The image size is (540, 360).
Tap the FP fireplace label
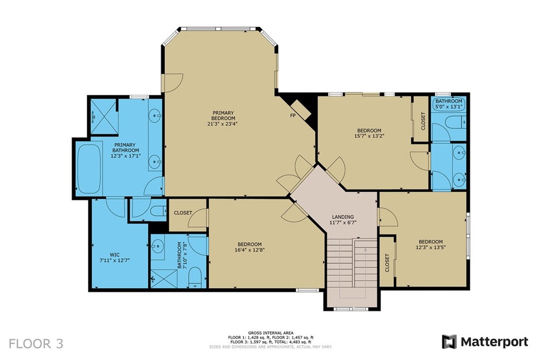pos(293,115)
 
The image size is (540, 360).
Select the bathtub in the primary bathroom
pos(89,168)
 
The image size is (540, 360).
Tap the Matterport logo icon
pos(449,342)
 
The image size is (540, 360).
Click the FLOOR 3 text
pos(36,344)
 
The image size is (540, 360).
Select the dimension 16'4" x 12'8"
pos(249,250)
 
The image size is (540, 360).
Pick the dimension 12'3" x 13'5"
pos(431,247)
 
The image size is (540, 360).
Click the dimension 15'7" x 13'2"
pos(369,136)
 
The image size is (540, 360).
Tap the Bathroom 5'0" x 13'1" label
pos(449,104)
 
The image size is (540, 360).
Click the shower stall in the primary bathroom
pos(104,116)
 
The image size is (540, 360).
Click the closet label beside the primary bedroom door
pos(183,213)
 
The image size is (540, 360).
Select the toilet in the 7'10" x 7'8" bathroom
pos(195,276)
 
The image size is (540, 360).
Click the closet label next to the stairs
pos(387,263)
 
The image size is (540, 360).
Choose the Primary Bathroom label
pos(125,148)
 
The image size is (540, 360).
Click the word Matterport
pos(494,342)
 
